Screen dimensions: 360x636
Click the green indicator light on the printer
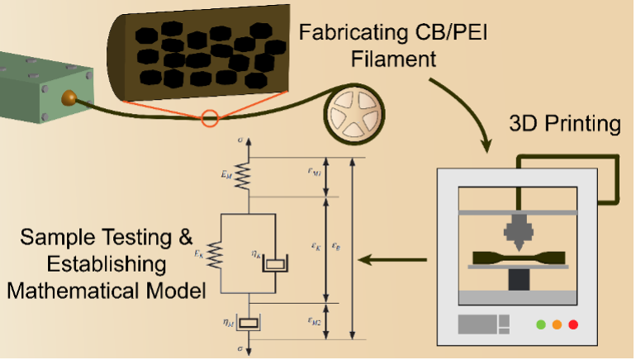(541, 324)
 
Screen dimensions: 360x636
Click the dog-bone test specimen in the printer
(518, 255)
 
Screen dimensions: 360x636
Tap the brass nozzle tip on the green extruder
(69, 99)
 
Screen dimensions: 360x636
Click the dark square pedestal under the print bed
(518, 280)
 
